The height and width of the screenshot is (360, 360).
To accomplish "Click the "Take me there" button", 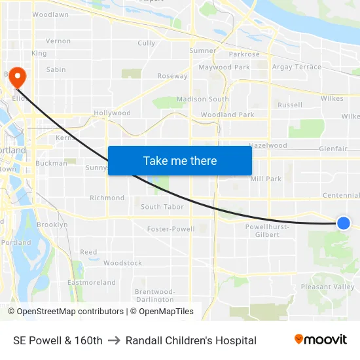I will click(x=179, y=160).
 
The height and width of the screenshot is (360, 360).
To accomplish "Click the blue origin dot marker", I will click(x=344, y=223).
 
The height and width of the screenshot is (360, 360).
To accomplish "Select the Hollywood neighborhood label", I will click(x=112, y=113).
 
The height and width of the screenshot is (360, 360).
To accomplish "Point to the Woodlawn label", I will click(x=50, y=14).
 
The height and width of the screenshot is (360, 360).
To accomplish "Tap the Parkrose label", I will click(x=244, y=54).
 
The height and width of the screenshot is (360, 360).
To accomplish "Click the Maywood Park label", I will click(x=225, y=67).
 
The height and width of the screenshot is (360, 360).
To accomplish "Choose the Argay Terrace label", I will click(x=297, y=67).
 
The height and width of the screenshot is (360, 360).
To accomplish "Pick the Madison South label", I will click(x=203, y=99).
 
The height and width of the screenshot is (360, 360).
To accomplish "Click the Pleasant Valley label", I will click(x=327, y=287).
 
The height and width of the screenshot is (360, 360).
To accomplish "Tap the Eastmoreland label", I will click(x=92, y=283).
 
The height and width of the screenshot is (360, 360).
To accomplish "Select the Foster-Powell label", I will click(x=171, y=229).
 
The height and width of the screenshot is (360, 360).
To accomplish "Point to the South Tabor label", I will click(x=162, y=207).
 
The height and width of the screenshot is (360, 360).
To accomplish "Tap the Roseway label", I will click(x=173, y=76).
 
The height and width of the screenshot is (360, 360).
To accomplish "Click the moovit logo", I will click(x=321, y=340).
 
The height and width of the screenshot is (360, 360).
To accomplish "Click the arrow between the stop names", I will click(x=114, y=340).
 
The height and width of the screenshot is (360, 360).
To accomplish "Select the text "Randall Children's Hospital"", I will click(x=191, y=340).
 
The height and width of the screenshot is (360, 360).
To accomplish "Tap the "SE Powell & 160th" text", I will click(x=58, y=340).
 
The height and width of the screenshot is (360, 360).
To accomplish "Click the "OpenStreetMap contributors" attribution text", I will click(x=70, y=312).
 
